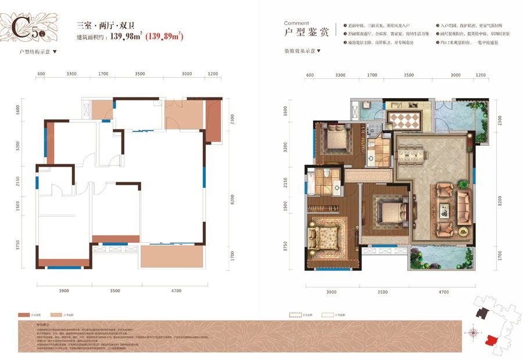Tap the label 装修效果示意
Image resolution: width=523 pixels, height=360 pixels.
[x=300, y=51]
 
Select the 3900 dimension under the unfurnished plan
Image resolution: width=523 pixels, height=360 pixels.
[x=64, y=291]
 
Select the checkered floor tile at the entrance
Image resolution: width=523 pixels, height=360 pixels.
[x=406, y=120]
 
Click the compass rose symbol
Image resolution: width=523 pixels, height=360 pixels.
[x=474, y=333]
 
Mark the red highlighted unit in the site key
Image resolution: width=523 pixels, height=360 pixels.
[x=492, y=340]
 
